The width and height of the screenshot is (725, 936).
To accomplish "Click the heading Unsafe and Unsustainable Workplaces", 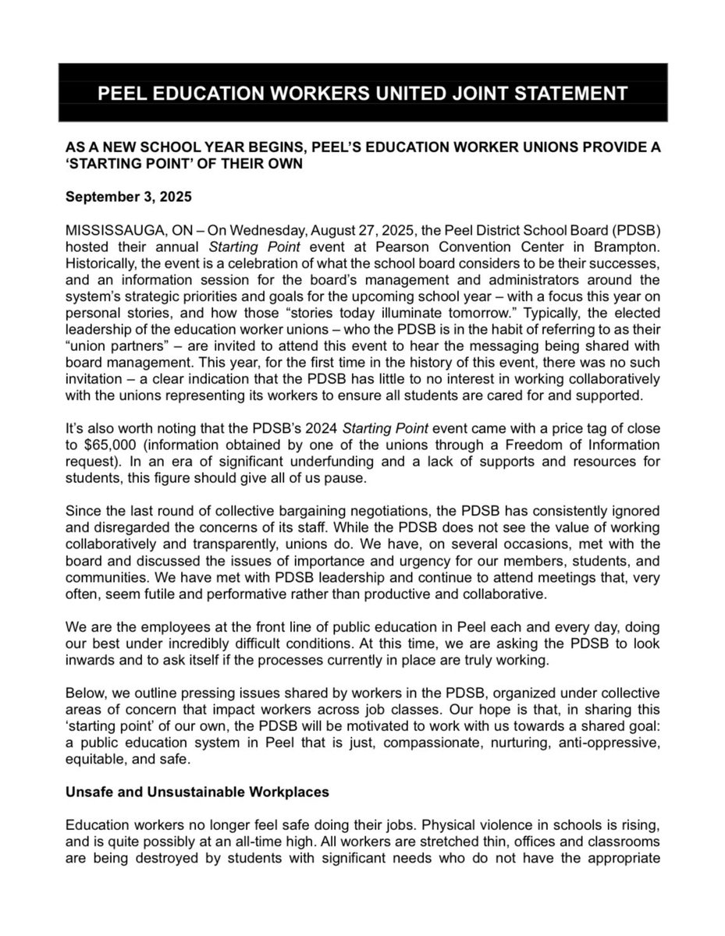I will coord(197,792).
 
